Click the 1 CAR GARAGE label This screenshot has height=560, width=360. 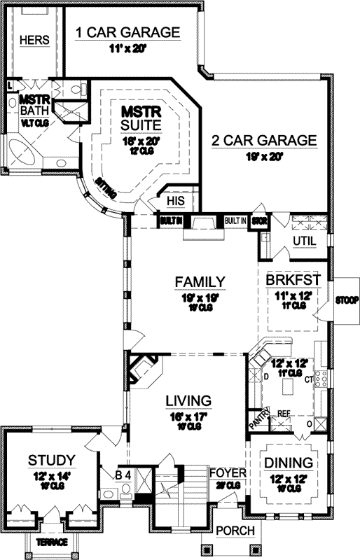tap(127, 33)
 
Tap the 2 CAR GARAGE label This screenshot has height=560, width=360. tap(264, 140)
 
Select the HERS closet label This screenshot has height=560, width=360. tap(34, 40)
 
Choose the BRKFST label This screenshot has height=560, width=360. tap(293, 279)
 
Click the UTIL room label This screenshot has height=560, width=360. tap(304, 241)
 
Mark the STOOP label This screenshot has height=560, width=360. tap(346, 300)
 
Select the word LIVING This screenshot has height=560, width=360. tap(188, 400)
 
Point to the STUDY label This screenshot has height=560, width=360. tap(51, 460)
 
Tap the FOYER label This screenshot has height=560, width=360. tap(228, 473)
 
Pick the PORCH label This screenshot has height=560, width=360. tap(235, 531)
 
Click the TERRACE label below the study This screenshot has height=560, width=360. tap(53, 542)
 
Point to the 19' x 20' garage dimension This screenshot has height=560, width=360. tap(263, 157)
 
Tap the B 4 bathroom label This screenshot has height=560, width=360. tap(123, 475)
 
